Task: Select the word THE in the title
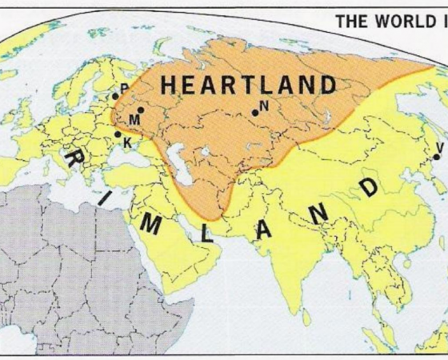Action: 353,21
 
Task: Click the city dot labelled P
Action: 116,96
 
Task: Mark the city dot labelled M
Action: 141,110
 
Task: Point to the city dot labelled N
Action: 255,113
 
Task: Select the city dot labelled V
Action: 436,157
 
